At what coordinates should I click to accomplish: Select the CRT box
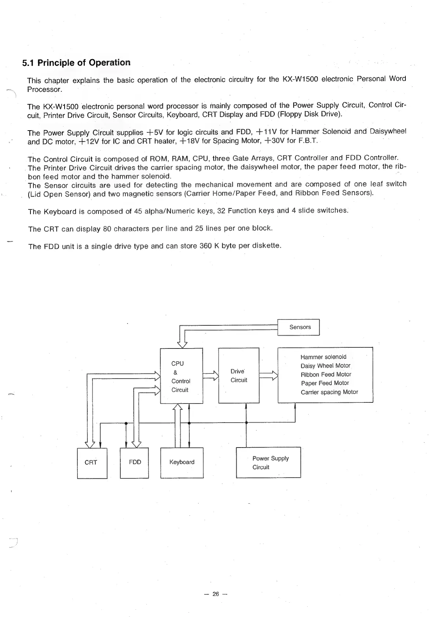tap(92, 463)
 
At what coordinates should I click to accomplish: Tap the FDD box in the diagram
tap(134, 463)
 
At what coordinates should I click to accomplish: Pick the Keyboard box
tap(182, 463)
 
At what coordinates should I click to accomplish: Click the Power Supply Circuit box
tap(268, 463)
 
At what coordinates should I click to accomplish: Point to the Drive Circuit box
tap(239, 376)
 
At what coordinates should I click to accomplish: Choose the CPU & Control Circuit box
tap(181, 376)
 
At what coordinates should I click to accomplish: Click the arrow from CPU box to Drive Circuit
tap(211, 376)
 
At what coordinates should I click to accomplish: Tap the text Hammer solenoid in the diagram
tap(323, 357)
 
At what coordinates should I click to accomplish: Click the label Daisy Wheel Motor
tap(325, 366)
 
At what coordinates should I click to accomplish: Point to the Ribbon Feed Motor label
tap(326, 375)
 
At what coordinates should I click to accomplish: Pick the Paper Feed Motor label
tap(325, 383)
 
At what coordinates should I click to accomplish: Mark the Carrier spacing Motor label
tap(329, 392)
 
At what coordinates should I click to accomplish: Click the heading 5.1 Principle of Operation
tap(76, 63)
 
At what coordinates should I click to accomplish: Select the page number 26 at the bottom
tap(215, 594)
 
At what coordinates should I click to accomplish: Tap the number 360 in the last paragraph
tap(205, 246)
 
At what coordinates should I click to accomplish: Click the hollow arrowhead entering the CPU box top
tap(182, 344)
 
